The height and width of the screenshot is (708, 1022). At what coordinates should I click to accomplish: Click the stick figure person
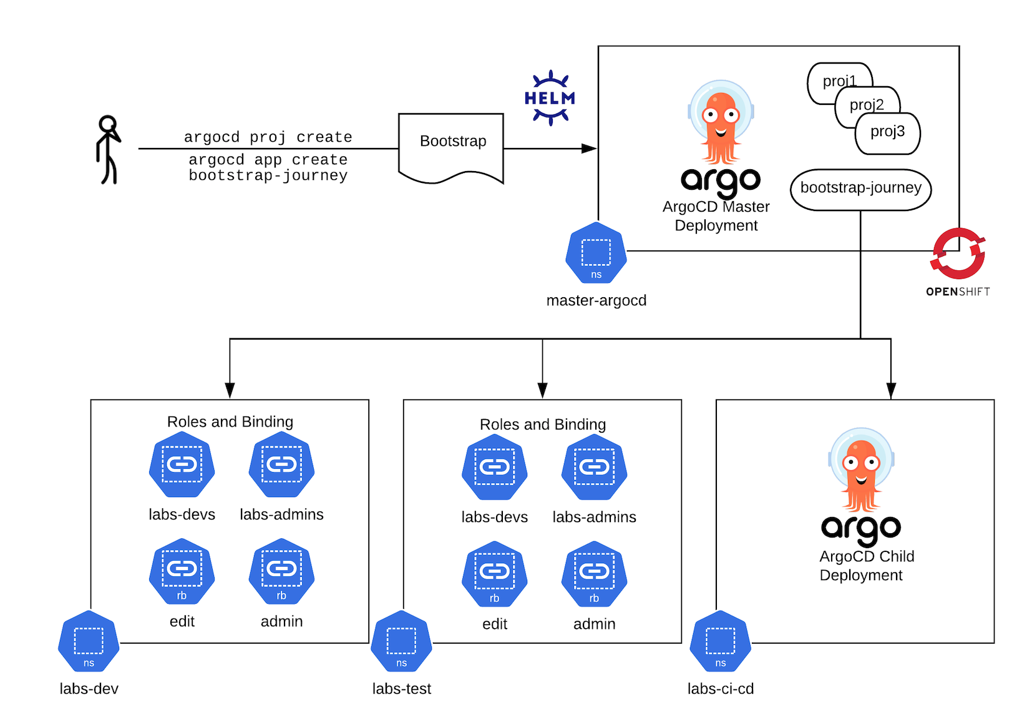pos(109,149)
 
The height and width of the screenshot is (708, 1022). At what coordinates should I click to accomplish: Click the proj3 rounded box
pos(887,134)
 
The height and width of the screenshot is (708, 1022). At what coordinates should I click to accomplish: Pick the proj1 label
pos(840,81)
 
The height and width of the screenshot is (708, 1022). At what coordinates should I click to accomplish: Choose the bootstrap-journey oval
pos(860,190)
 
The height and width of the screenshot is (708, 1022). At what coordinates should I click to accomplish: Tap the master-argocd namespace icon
pos(596,252)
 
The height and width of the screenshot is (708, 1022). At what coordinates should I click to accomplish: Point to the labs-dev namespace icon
pos(89,641)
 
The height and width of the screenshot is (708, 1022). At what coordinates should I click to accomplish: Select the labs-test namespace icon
pos(402,641)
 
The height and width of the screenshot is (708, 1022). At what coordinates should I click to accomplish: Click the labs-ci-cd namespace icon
pos(721,641)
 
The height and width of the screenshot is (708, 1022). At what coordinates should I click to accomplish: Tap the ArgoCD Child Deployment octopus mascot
pos(861,470)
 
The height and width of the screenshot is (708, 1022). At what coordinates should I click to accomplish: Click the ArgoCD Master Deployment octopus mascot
pos(721,122)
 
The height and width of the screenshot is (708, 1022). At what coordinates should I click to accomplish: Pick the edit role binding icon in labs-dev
pos(182,571)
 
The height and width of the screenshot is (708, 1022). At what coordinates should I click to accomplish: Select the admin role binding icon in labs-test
pos(594,574)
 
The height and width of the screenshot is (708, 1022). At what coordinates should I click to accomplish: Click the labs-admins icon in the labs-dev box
pos(281,465)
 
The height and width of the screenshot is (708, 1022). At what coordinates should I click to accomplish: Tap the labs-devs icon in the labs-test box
pos(495,467)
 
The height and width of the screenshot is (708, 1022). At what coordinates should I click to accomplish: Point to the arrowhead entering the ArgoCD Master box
pos(589,149)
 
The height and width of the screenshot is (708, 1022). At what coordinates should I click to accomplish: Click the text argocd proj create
pos(268,137)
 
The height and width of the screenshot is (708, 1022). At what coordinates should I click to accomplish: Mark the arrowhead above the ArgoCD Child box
pos(891,391)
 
